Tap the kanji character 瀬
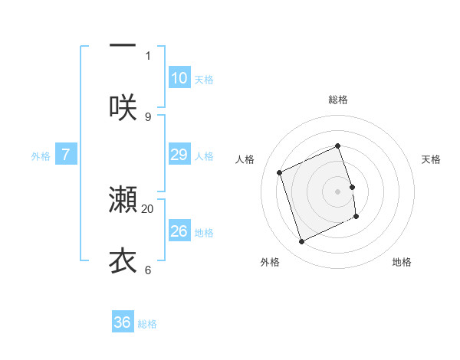tap(123, 199)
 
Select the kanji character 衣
tap(123, 260)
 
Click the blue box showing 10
tap(179, 78)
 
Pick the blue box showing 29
tap(179, 155)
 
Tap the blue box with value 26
tap(179, 231)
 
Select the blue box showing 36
tap(123, 322)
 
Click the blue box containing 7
tap(66, 155)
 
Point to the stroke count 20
tap(148, 208)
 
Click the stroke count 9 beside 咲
tap(148, 116)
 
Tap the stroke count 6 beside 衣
tap(148, 270)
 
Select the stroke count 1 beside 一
tap(148, 55)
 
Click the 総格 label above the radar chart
tap(338, 100)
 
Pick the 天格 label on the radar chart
tap(432, 159)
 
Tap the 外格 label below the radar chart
tap(270, 262)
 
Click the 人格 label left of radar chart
tap(245, 159)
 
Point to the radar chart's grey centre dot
tap(338, 191)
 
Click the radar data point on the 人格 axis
tap(280, 172)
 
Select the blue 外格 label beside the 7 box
tap(41, 155)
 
